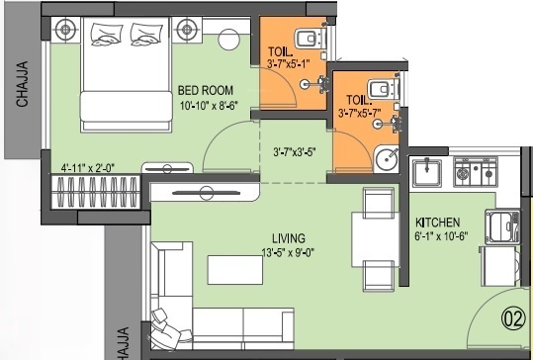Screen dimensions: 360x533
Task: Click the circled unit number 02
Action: pos(511,319)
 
